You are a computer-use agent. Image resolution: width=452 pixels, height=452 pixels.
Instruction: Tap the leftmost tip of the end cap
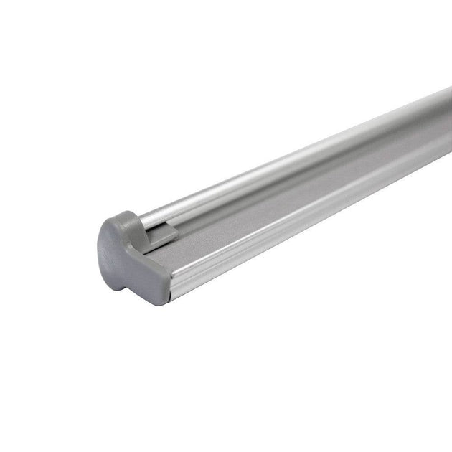[99, 248]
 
